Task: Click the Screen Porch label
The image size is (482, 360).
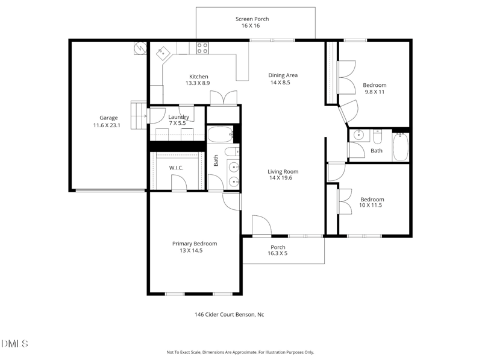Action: pos(252,19)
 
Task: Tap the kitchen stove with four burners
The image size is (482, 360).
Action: pos(202,48)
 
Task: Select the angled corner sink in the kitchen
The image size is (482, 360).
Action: pos(163,54)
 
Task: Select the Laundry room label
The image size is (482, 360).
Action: pos(179,117)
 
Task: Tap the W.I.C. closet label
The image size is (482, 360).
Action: pos(176,168)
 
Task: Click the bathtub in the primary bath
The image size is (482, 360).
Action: pos(220,134)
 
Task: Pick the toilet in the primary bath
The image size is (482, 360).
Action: pos(231,151)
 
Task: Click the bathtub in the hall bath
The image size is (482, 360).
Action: pos(401,147)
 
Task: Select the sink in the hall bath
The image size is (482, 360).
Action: pos(358,134)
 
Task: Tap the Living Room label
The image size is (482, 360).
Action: pos(283,172)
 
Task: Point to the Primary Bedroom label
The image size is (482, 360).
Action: pos(195,244)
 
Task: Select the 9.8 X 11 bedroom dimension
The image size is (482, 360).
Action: pos(374,92)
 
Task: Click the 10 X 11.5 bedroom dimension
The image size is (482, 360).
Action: pos(371,206)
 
